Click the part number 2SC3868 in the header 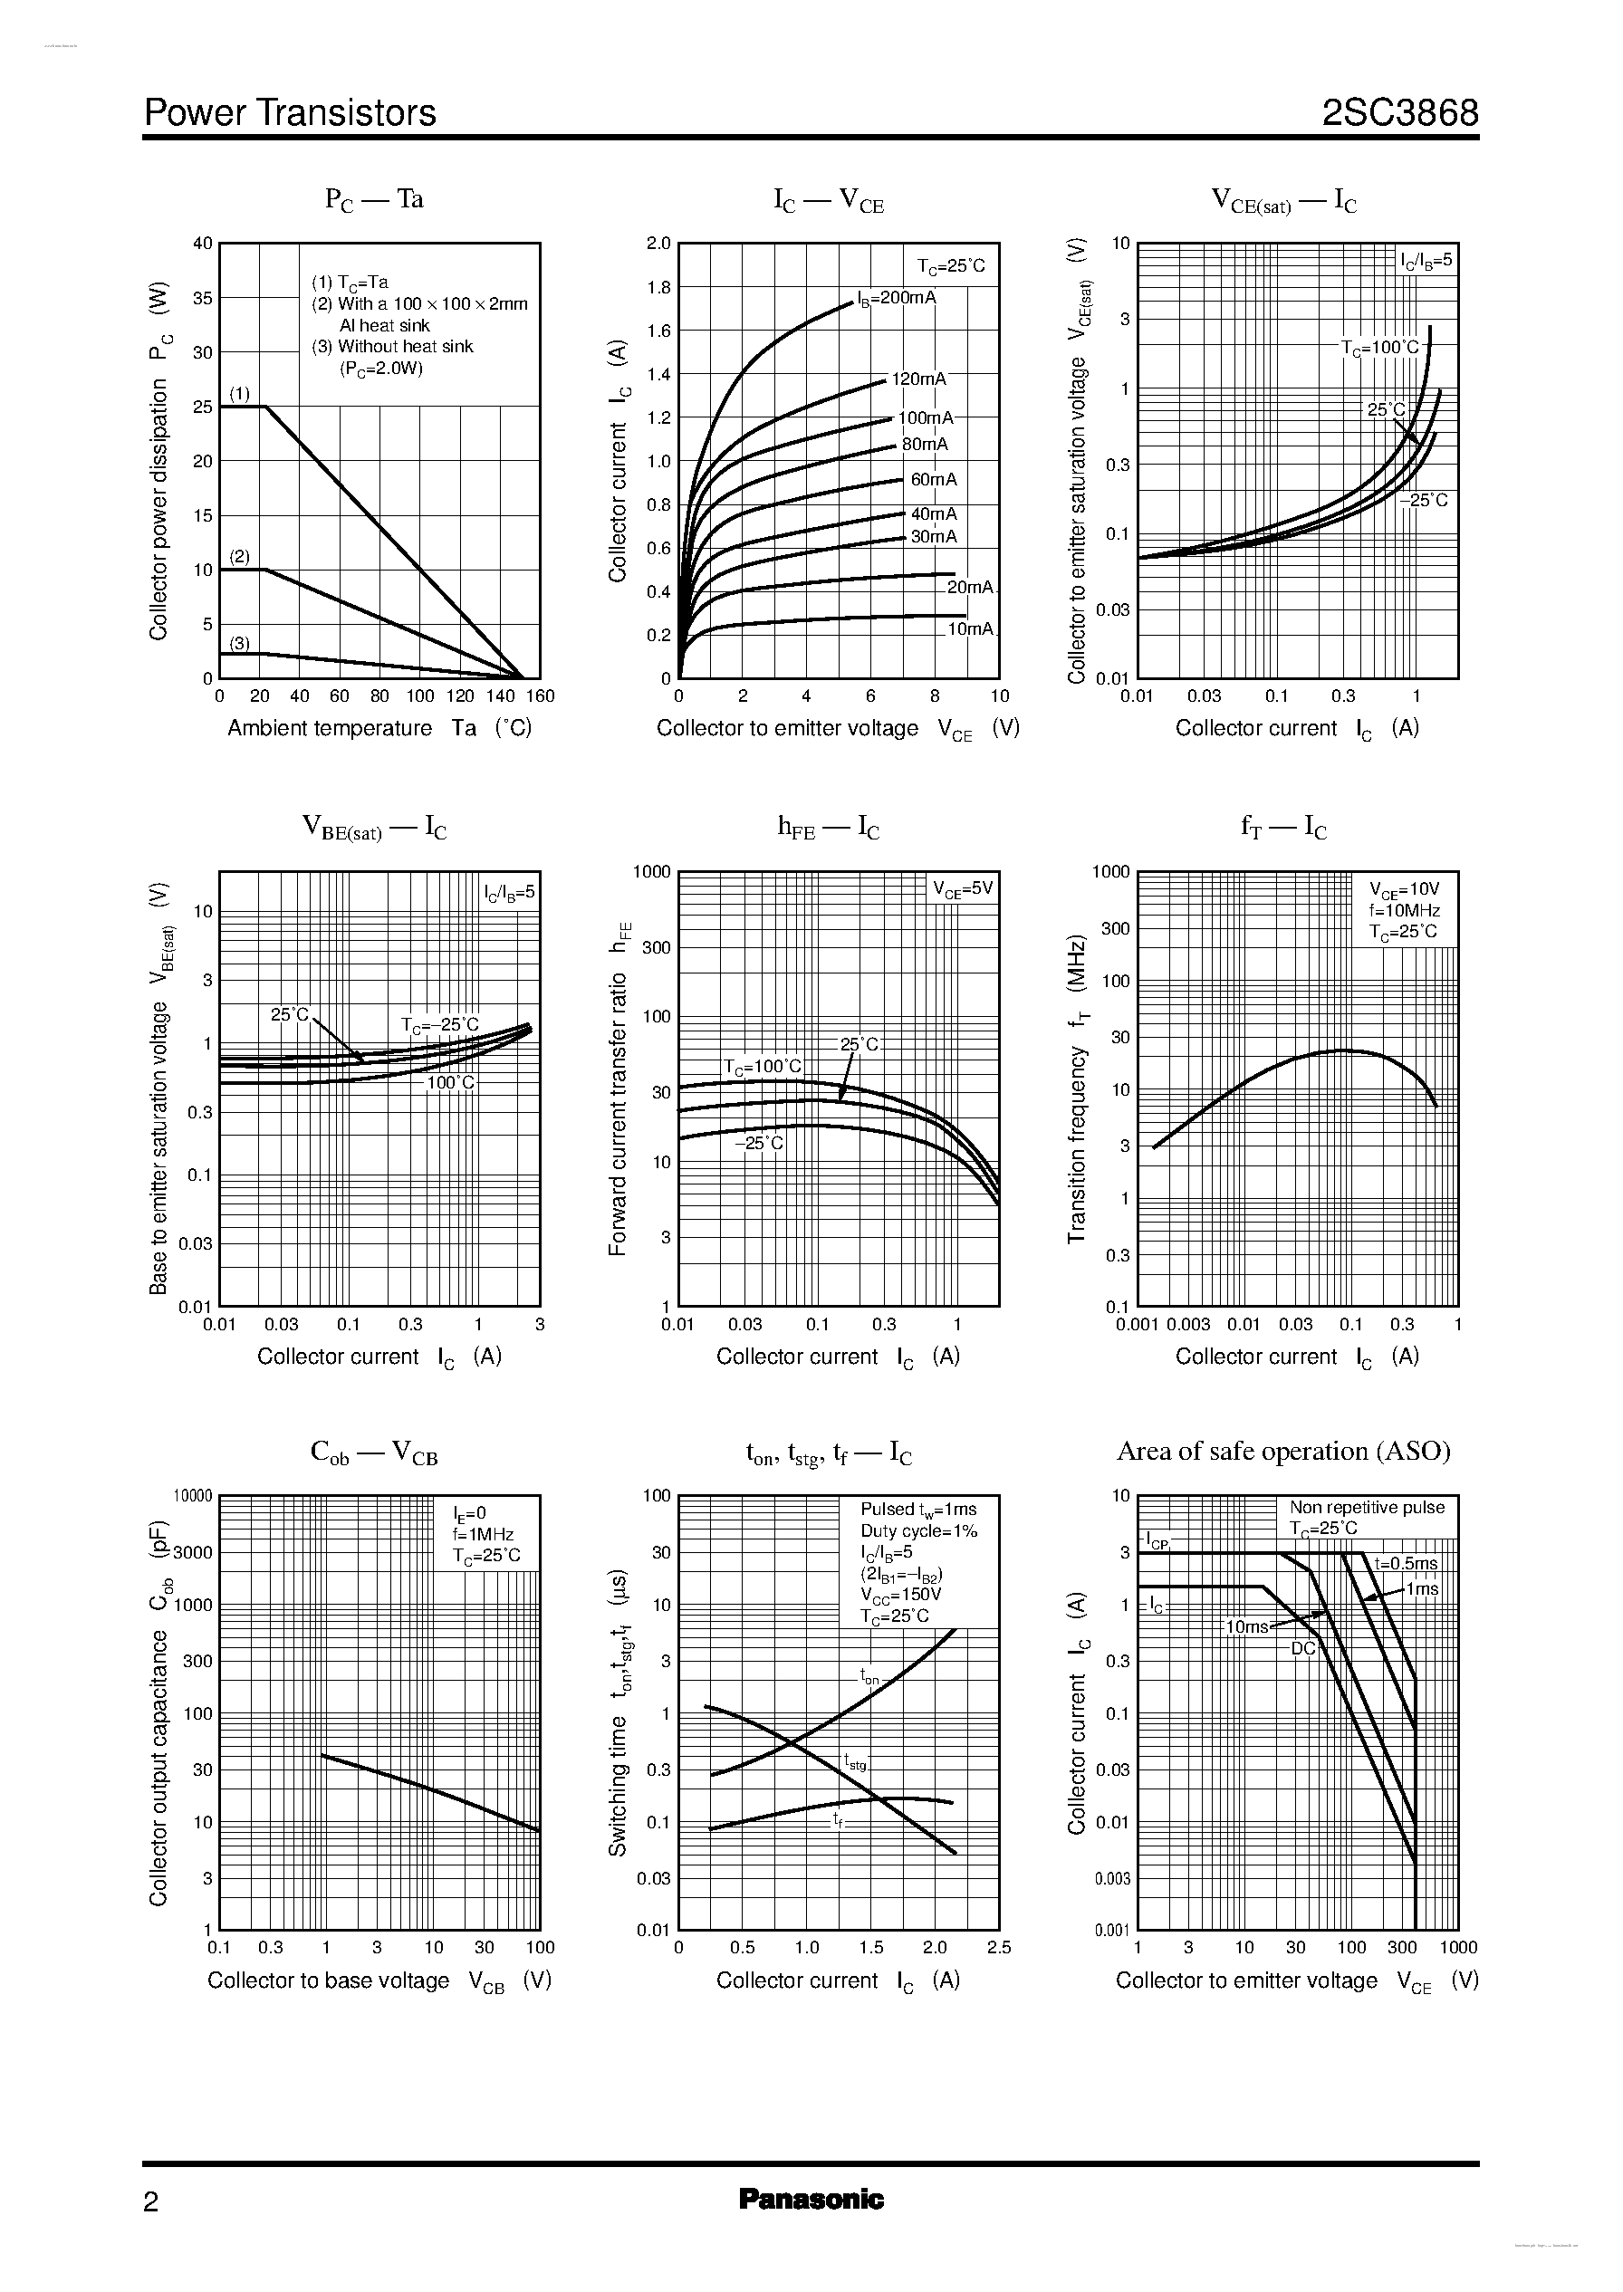(x=1399, y=113)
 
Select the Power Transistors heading (x=290, y=113)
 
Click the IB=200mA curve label (x=897, y=298)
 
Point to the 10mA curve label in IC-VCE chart (x=970, y=629)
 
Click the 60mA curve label (x=934, y=480)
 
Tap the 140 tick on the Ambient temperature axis (x=501, y=696)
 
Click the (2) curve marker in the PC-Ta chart (x=240, y=557)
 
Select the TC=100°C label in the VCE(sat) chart (x=1380, y=348)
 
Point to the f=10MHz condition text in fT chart (x=1404, y=910)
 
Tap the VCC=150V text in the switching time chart (x=900, y=1595)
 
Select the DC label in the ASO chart (x=1302, y=1647)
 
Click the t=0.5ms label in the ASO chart (x=1405, y=1564)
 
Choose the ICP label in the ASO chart (x=1157, y=1541)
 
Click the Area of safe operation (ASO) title (x=1283, y=1452)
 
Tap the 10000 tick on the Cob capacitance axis (x=193, y=1497)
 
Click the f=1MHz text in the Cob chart (x=483, y=1535)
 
